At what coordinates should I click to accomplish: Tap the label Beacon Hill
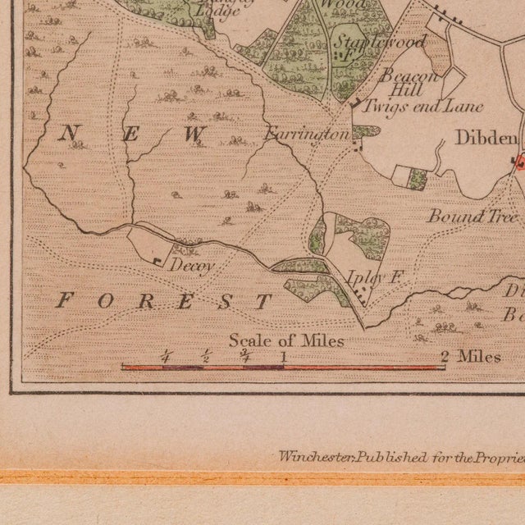[413, 82]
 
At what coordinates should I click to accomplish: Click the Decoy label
[192, 266]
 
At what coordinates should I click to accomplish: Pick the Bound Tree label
[472, 217]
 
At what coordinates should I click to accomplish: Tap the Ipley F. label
[373, 278]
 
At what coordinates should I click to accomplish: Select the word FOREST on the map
[163, 301]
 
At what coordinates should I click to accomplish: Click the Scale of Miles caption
[286, 340]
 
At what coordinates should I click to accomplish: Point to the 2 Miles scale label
[469, 356]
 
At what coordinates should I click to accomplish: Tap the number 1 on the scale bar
[284, 356]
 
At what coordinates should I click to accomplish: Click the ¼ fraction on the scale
[166, 356]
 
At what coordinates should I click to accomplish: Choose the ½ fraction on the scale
[205, 356]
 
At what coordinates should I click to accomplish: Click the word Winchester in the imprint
[307, 456]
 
